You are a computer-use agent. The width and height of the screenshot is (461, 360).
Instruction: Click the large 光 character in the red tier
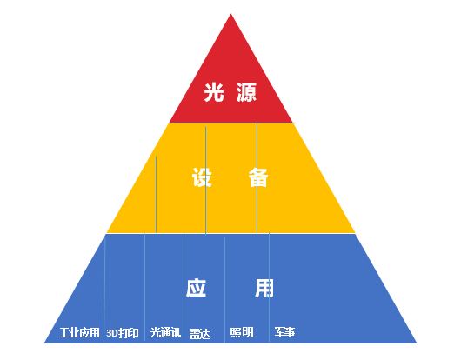[x=214, y=92]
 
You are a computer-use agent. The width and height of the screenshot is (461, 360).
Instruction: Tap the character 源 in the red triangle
[x=246, y=92]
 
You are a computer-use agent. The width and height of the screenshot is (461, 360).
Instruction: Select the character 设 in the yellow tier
[x=202, y=177]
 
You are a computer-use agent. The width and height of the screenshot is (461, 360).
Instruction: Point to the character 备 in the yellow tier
[x=258, y=177]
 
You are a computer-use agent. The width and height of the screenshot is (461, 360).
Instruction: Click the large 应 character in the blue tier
[x=196, y=288]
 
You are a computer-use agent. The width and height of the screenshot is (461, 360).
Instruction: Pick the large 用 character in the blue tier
[x=264, y=288]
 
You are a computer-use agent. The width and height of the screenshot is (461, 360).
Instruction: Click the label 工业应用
[x=79, y=333]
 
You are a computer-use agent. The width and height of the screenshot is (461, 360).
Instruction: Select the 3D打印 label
[x=123, y=333]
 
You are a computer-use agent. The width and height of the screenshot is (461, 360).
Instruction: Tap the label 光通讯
[x=165, y=332]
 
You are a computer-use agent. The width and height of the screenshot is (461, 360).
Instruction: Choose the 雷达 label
[x=200, y=334]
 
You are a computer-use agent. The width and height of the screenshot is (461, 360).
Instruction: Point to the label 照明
[x=242, y=332]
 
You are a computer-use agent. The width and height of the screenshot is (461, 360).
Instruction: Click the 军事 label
[x=284, y=332]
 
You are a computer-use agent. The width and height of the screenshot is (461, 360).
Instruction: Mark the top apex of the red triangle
[x=230, y=14]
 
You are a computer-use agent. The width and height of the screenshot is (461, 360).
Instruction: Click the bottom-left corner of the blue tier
[x=44, y=343]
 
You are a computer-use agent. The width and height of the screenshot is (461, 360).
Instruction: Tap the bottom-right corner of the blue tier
[x=417, y=343]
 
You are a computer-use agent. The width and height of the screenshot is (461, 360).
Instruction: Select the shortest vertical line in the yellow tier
[x=156, y=194]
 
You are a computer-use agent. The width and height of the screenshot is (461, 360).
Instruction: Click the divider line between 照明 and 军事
[x=269, y=288]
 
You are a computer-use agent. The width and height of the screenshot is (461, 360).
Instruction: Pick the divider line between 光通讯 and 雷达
[x=184, y=288]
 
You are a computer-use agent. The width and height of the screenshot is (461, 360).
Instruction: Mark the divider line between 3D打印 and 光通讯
[x=144, y=287]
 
